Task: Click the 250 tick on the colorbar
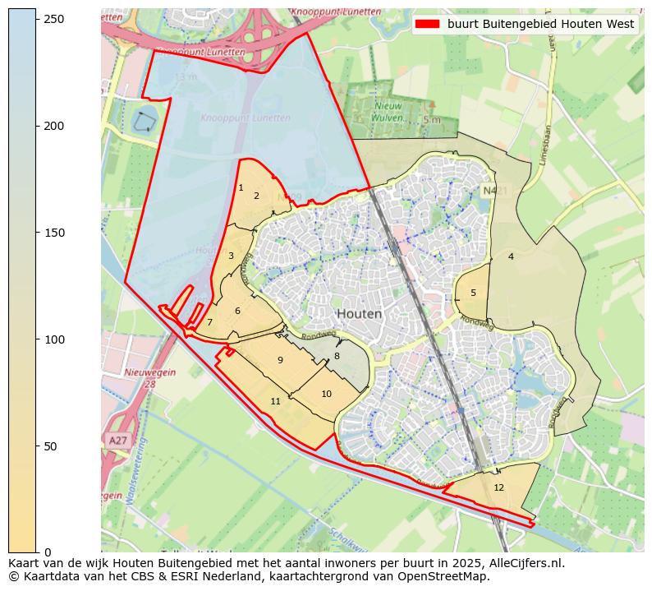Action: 37,19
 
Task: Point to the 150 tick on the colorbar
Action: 37,233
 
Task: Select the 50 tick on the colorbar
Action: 37,446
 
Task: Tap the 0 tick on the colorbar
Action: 37,552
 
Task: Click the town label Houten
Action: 359,314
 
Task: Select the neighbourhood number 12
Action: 498,487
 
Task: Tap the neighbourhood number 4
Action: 511,256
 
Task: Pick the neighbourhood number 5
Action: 473,293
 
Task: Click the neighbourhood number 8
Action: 337,356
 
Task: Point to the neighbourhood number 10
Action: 326,394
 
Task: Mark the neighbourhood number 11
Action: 275,401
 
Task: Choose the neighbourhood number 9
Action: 280,360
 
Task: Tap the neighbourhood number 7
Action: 209,322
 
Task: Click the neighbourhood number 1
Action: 241,188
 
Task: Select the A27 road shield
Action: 117,441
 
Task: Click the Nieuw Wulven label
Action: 388,111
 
